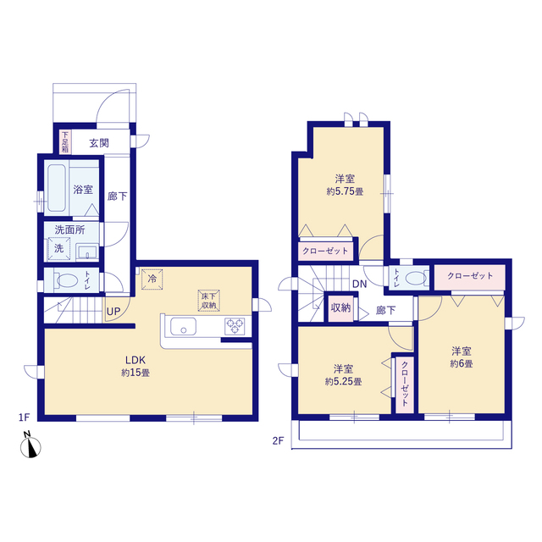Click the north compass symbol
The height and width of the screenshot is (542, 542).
(30, 446)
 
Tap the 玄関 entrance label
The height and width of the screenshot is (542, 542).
(99, 143)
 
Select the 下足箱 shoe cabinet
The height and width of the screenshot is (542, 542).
(65, 142)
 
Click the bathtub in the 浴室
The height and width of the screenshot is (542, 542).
(57, 188)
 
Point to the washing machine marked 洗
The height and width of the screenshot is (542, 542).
(59, 248)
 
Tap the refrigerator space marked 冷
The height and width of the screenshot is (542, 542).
(152, 279)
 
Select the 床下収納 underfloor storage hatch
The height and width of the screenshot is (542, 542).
(209, 300)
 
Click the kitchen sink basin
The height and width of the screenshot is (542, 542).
(183, 327)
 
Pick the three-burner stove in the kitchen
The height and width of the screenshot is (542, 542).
(235, 326)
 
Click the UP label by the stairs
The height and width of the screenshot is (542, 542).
(113, 312)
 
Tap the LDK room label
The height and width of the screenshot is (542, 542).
(135, 360)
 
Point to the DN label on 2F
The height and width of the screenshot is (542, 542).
(359, 285)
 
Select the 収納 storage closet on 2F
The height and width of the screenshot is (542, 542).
(340, 308)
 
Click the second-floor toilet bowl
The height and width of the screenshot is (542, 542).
(415, 278)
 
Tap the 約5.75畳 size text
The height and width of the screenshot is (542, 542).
(345, 191)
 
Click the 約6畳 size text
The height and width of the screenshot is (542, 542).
(462, 363)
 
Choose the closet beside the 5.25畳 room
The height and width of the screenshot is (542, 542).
(405, 384)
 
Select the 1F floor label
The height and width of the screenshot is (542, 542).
(25, 418)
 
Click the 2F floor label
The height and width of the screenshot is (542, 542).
(279, 440)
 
